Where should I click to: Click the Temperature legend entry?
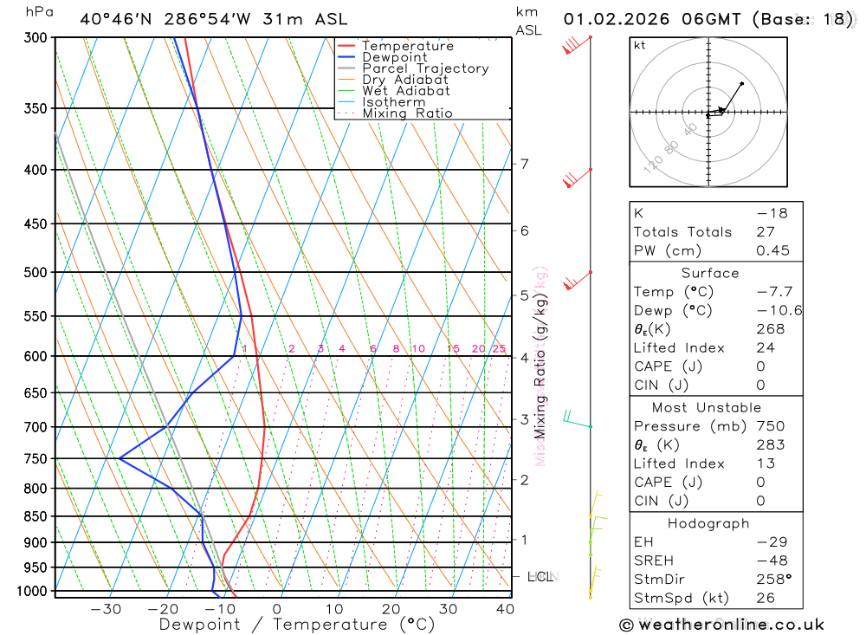pyautogui.click(x=407, y=46)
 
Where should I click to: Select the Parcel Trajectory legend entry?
pyautogui.click(x=425, y=68)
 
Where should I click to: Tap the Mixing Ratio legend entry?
pyautogui.click(x=407, y=113)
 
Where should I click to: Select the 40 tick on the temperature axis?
pyautogui.click(x=505, y=609)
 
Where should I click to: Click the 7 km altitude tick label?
pyautogui.click(x=525, y=164)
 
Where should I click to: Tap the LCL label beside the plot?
pyautogui.click(x=540, y=576)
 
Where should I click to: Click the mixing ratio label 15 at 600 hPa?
pyautogui.click(x=453, y=349)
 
